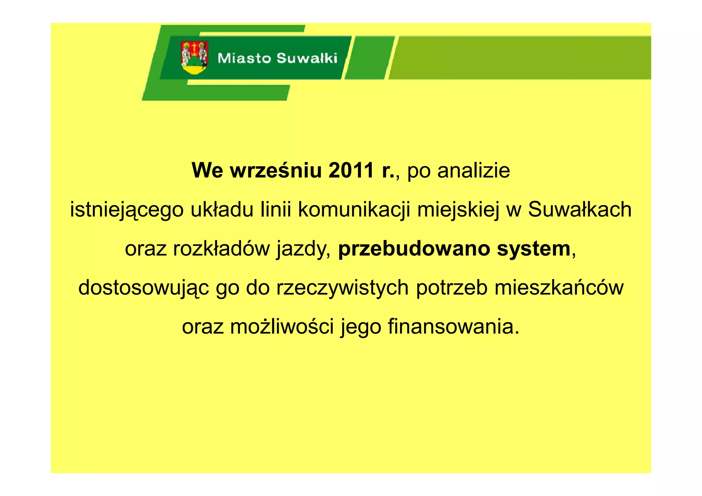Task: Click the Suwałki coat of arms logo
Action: (194, 58)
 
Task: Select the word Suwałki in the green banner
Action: (307, 58)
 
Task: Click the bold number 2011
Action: (351, 170)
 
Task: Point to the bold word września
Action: (276, 170)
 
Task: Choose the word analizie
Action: (473, 170)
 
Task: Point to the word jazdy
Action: (304, 249)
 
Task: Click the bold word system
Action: (534, 249)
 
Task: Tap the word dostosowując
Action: (144, 288)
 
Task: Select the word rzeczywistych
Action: (342, 288)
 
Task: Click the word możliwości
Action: (282, 327)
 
